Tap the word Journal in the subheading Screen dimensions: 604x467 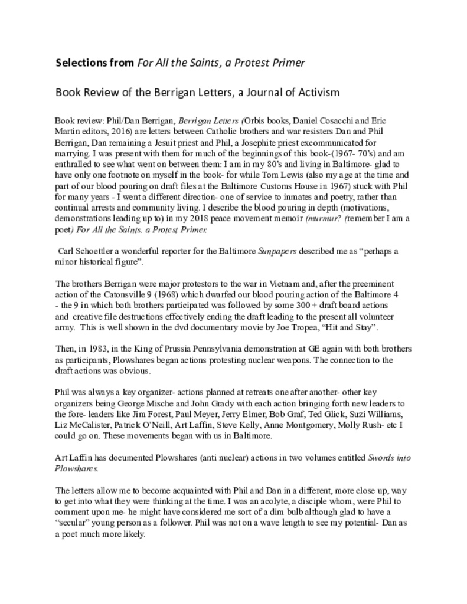point(256,93)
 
